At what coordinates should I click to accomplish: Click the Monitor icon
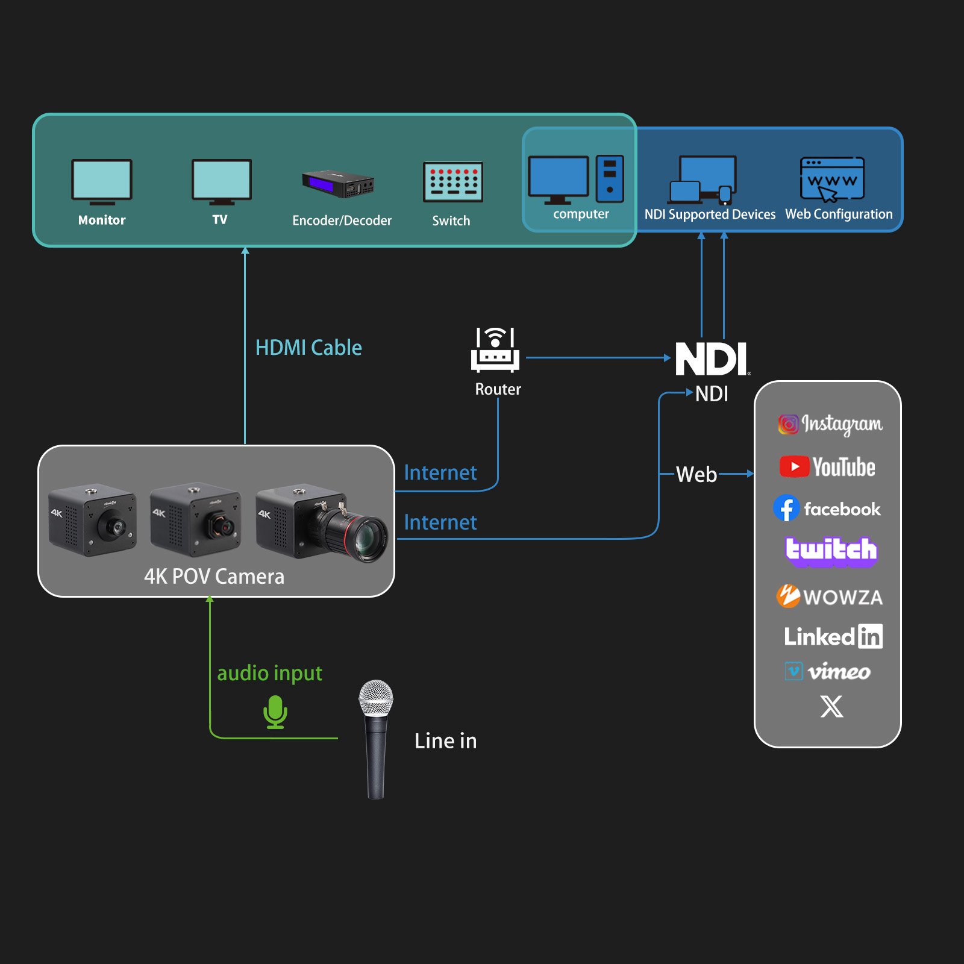point(102,182)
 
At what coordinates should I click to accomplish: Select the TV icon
point(222,182)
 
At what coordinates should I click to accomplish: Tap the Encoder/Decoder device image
point(338,184)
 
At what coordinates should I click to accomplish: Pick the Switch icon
point(453,181)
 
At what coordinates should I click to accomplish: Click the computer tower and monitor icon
point(576,180)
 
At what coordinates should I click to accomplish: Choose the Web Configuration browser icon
point(832,179)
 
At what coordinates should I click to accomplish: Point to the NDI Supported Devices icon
point(703,180)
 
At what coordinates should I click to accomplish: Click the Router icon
point(495,349)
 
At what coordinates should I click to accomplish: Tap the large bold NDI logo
point(712,358)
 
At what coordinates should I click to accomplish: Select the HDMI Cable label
point(308,348)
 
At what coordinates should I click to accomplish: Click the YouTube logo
point(827,467)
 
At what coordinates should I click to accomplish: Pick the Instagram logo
point(830,424)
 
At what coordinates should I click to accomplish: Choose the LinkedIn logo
point(833,636)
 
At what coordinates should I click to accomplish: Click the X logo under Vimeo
point(832,706)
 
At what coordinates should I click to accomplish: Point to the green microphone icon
point(275,712)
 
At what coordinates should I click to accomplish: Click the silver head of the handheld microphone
point(376,698)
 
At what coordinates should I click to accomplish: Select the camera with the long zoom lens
point(322,522)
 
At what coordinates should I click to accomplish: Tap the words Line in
point(446,740)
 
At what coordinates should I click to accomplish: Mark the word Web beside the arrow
point(696,474)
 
